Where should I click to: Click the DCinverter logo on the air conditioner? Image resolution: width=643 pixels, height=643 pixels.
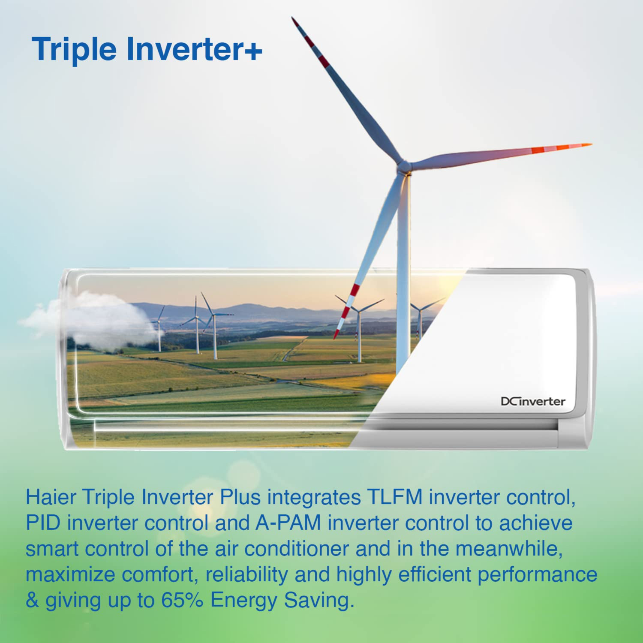point(533,402)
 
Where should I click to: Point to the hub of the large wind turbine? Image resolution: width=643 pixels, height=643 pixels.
point(404,165)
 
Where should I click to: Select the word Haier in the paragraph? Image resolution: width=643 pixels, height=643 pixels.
point(51,497)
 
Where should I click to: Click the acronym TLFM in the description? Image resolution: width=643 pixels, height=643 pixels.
point(394,497)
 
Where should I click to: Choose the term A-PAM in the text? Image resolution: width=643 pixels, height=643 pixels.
point(288,523)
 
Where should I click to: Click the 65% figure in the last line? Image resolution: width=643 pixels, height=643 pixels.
point(182,600)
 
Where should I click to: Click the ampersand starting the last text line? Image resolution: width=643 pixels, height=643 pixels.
point(32,600)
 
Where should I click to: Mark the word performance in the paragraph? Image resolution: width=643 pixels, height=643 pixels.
point(537,574)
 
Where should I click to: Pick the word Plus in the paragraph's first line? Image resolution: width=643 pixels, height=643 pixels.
point(240,497)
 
